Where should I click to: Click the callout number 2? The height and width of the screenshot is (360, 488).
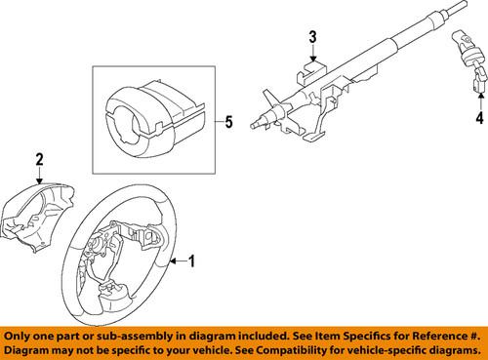coord(40,159)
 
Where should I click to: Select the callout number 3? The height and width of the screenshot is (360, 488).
coord(312,38)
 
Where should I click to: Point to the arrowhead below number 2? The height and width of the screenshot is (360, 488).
coord(40,181)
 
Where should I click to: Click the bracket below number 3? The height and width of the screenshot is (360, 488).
coord(310,73)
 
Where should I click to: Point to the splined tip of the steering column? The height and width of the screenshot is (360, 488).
coord(230,148)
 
